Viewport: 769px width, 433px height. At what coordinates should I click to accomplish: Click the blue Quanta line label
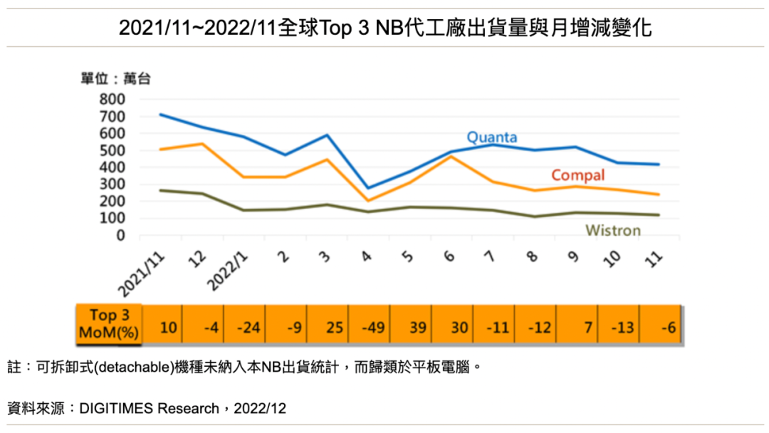(491, 137)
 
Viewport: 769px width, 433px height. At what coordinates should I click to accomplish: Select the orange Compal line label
(577, 175)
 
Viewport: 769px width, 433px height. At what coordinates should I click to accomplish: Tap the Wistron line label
(612, 230)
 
